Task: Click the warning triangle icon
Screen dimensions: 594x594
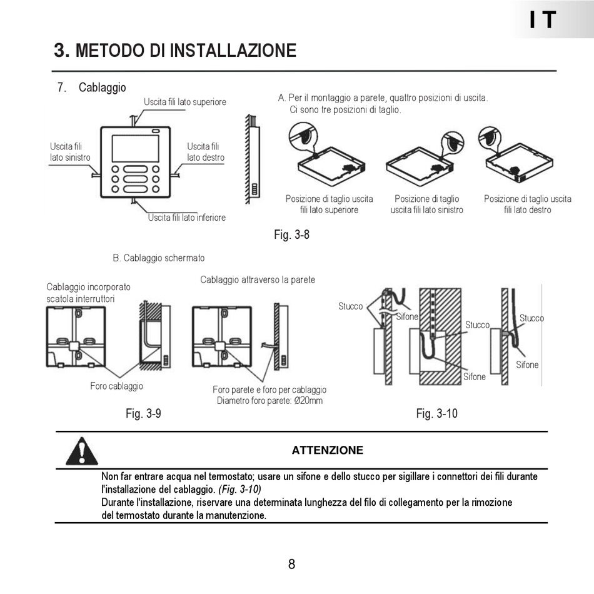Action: [82, 451]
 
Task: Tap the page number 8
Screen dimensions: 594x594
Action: [291, 564]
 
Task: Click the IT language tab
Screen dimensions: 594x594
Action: [542, 20]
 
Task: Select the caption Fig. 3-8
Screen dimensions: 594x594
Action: [291, 235]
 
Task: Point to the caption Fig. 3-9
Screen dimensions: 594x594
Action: [143, 413]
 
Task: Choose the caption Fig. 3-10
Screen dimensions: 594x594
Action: [436, 413]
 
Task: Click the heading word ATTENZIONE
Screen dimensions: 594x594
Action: [327, 450]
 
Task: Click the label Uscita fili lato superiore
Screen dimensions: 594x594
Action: [185, 102]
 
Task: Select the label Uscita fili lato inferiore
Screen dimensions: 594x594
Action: [186, 218]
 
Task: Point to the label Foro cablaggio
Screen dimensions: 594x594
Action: [116, 386]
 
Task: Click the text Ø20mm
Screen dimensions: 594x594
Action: [308, 400]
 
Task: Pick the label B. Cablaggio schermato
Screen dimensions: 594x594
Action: [159, 258]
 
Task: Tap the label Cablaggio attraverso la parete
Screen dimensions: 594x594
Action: [258, 279]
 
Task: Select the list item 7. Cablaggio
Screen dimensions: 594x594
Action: [92, 88]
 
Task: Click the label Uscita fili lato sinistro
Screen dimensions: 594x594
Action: [70, 152]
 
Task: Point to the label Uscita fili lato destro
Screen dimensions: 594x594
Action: [206, 152]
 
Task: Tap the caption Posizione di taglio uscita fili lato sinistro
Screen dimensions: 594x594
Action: [427, 204]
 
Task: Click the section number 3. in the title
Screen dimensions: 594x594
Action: [62, 50]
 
